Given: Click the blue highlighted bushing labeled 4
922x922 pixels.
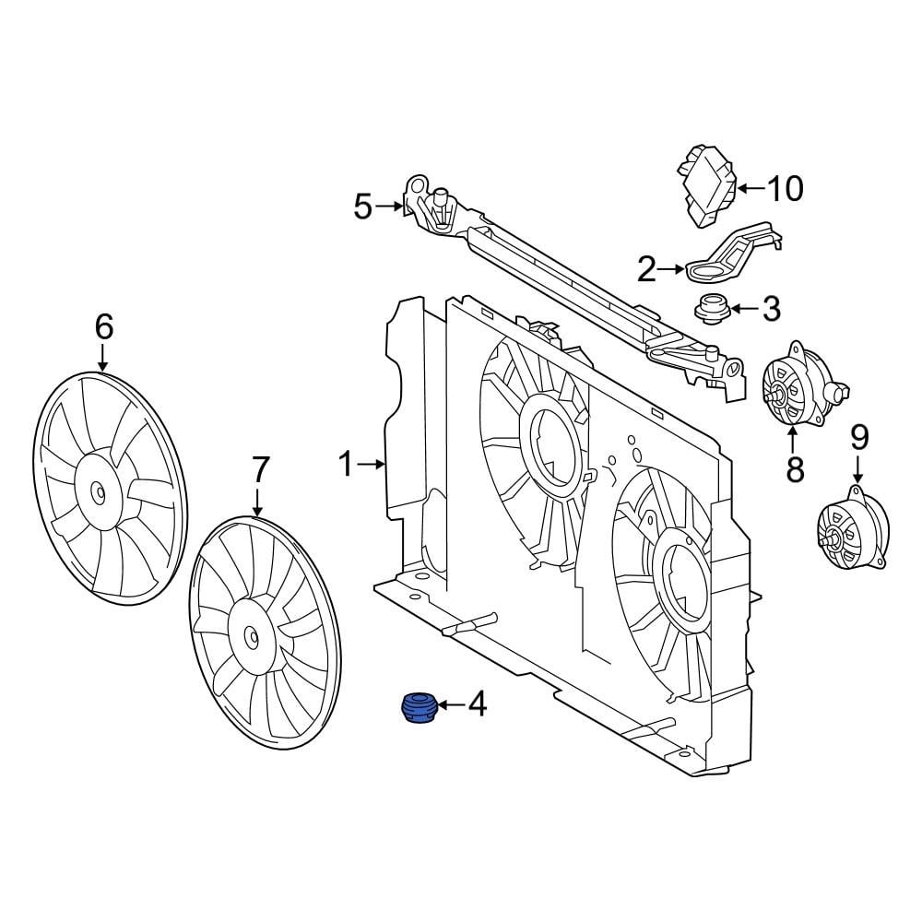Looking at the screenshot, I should pos(419,708).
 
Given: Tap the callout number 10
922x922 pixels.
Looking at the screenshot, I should pos(785,189).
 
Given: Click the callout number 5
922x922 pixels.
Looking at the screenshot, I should pos(362,207).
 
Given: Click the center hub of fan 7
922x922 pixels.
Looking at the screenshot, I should pos(252,635).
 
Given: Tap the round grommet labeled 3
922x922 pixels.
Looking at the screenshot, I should pos(712,308).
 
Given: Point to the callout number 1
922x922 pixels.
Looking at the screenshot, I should pos(346,465).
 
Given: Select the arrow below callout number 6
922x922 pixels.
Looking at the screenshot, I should pos(103,357).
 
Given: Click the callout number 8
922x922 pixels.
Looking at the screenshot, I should pos(795,468).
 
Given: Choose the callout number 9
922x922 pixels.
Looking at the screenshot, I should pos(859,435).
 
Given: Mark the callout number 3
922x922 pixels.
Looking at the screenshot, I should pos(771,309).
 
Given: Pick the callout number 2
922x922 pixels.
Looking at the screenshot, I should pos(647,269).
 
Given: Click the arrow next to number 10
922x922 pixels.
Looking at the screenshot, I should pos(749,189).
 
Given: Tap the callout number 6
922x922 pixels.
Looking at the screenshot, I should pos(103,325).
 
